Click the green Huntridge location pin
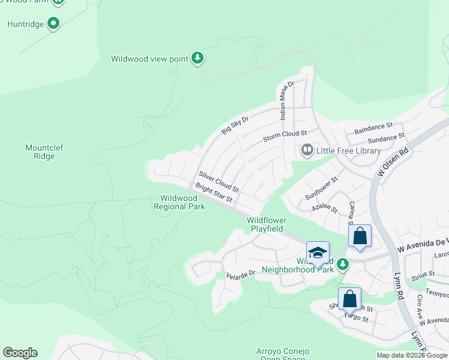click(53, 24)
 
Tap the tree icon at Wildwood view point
click(197, 58)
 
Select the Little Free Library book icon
click(307, 149)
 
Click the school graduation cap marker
click(318, 253)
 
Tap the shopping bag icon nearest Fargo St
click(349, 298)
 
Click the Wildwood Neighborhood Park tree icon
click(342, 263)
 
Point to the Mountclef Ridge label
click(44, 152)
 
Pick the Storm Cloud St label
click(285, 136)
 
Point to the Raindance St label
click(373, 127)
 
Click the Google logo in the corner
click(20, 353)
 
